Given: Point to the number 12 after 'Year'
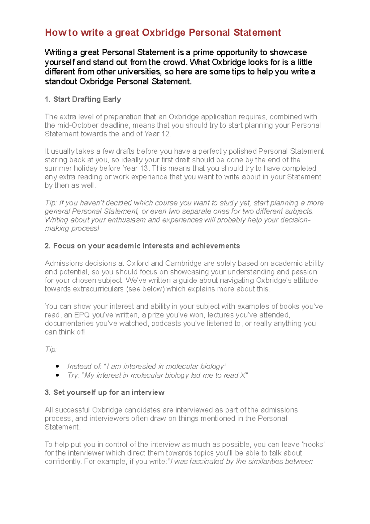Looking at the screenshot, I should tap(166, 134).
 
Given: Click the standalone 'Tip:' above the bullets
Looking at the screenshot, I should tap(51, 349).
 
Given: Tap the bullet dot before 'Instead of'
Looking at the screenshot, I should tap(57, 366).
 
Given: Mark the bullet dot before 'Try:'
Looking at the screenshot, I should tap(57, 375).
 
